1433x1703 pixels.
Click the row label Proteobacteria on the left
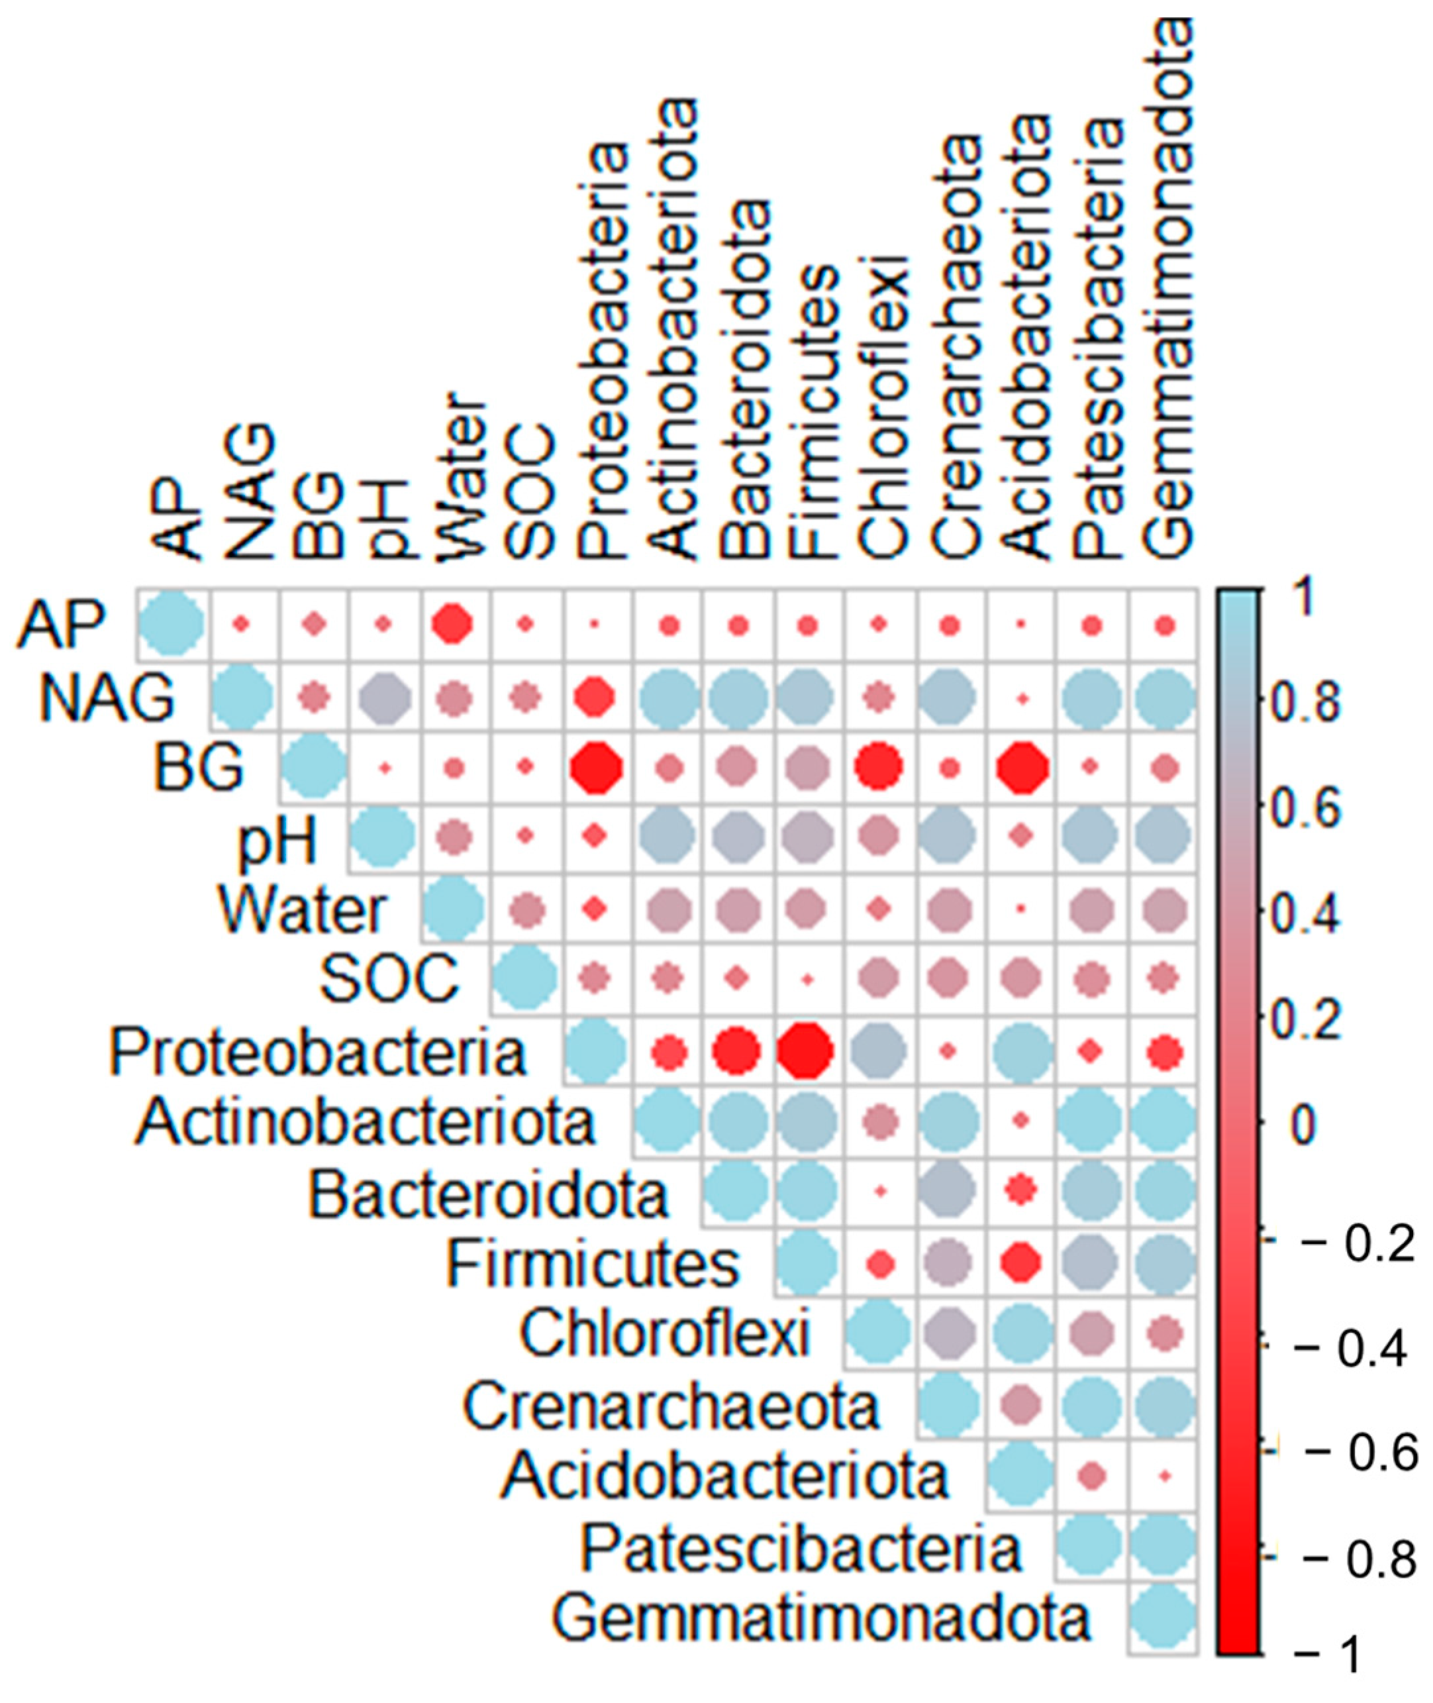319,1053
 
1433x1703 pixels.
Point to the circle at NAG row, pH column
383,696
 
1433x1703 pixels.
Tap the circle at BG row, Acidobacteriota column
1022,766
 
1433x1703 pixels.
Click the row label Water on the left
302,911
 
